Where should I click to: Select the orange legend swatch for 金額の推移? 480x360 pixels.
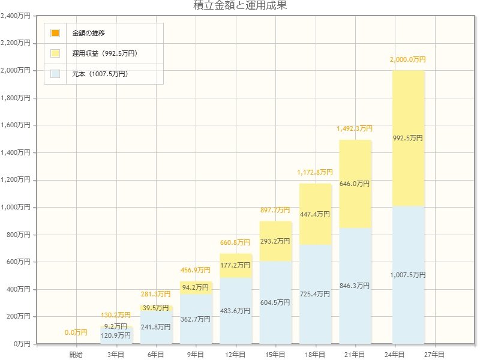click(x=55, y=32)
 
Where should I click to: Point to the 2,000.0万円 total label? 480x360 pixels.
click(x=407, y=60)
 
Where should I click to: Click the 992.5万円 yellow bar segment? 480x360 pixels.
click(x=408, y=138)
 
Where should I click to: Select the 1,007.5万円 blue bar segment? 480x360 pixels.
click(x=408, y=274)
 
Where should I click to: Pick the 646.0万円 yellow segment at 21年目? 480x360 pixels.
click(x=355, y=184)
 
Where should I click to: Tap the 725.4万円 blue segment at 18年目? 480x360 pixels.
click(x=316, y=294)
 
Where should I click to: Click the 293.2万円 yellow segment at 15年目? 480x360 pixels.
click(x=275, y=241)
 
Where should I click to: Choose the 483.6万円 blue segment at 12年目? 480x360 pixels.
click(x=236, y=311)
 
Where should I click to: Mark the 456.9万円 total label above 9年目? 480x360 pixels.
click(x=196, y=271)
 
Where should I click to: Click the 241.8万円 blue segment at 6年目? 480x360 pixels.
click(x=156, y=327)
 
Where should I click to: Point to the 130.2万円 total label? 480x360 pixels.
click(x=116, y=315)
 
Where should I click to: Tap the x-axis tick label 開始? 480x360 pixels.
click(x=76, y=355)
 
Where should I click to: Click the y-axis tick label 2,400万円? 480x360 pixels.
click(x=16, y=16)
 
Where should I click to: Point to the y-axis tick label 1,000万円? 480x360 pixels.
click(x=16, y=208)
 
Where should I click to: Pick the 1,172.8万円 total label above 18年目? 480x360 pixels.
click(x=315, y=173)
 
